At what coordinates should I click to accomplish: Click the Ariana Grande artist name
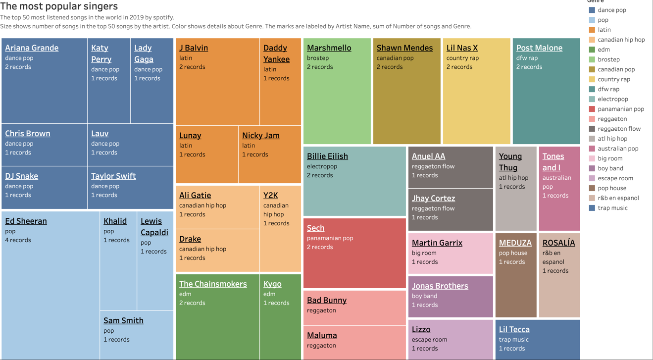[x=32, y=48]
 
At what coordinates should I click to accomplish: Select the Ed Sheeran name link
[x=26, y=221]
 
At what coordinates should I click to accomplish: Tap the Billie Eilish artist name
[x=327, y=156]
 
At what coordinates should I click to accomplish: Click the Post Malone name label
[x=539, y=48]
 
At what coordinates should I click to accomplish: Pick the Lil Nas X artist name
[x=462, y=48]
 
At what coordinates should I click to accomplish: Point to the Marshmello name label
[x=329, y=48]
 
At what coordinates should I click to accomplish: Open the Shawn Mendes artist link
[x=404, y=48]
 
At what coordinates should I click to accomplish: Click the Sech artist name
[x=315, y=228]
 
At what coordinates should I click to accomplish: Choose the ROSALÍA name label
[x=558, y=243]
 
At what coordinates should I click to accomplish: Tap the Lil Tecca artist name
[x=514, y=330]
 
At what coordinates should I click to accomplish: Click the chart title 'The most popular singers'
[x=59, y=6]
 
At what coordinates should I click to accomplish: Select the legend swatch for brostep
[x=592, y=59]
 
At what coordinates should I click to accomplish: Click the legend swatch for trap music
[x=592, y=208]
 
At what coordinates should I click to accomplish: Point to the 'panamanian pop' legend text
[x=621, y=109]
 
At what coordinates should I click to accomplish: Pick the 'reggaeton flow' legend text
[x=619, y=129]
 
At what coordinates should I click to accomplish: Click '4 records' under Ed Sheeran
[x=18, y=240]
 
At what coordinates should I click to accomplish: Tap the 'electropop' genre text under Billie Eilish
[x=322, y=166]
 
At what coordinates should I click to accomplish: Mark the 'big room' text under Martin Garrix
[x=424, y=253]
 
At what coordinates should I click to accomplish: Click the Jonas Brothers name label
[x=440, y=286]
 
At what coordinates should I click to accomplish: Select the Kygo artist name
[x=272, y=284]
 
